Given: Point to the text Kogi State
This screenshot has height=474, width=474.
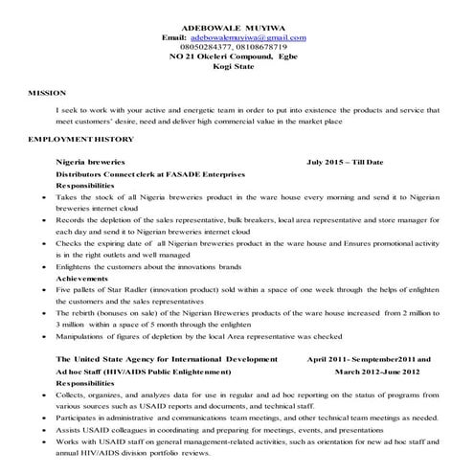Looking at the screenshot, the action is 237,69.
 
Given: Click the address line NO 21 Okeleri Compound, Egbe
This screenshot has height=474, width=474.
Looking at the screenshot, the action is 237,58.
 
